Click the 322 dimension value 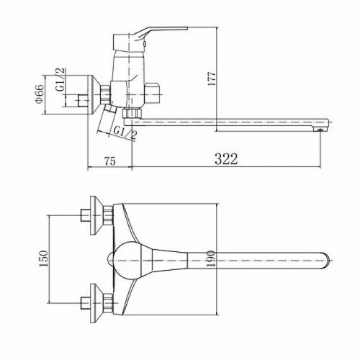pyautogui.click(x=226, y=158)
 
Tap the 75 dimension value pyautogui.click(x=110, y=161)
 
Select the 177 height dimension pyautogui.click(x=212, y=78)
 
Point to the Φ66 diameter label pyautogui.click(x=39, y=94)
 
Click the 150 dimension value pyautogui.click(x=44, y=258)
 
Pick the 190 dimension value pyautogui.click(x=210, y=259)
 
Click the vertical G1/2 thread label pyautogui.click(x=60, y=79)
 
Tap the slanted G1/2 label pyautogui.click(x=125, y=133)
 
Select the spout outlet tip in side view pyautogui.click(x=320, y=130)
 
